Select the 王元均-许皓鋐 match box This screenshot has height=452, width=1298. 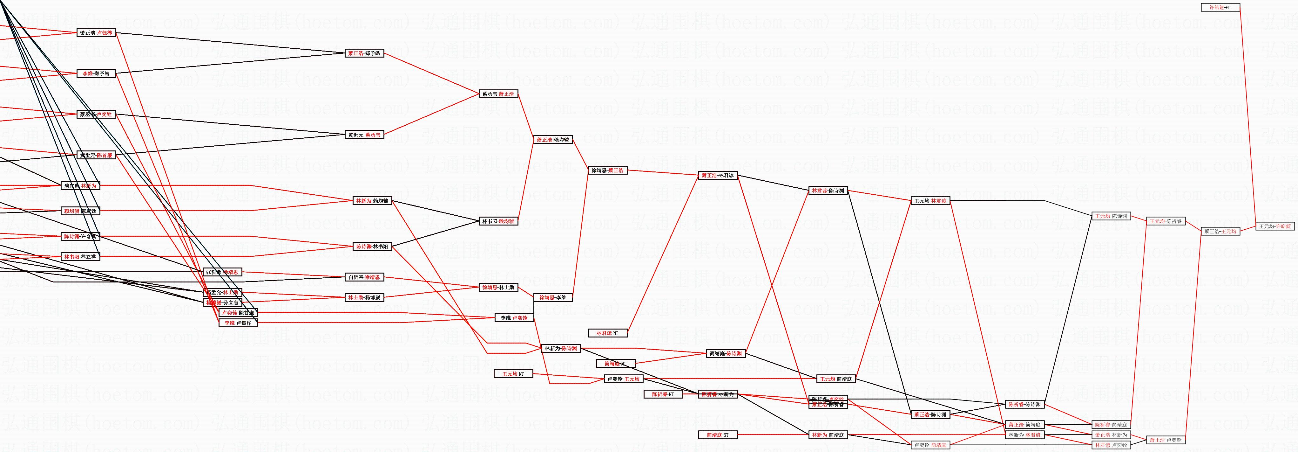click(1275, 226)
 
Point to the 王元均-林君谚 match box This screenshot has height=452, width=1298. click(930, 201)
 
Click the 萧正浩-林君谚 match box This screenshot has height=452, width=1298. click(718, 176)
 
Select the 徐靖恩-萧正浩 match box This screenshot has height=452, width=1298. click(607, 170)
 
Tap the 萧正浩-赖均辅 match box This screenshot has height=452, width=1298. click(553, 140)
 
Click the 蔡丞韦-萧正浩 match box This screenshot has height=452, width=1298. click(498, 94)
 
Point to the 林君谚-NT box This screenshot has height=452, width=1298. click(607, 333)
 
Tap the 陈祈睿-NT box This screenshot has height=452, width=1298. click(663, 394)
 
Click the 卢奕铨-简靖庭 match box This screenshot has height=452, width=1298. click(930, 445)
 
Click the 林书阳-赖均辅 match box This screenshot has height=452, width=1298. click(498, 221)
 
